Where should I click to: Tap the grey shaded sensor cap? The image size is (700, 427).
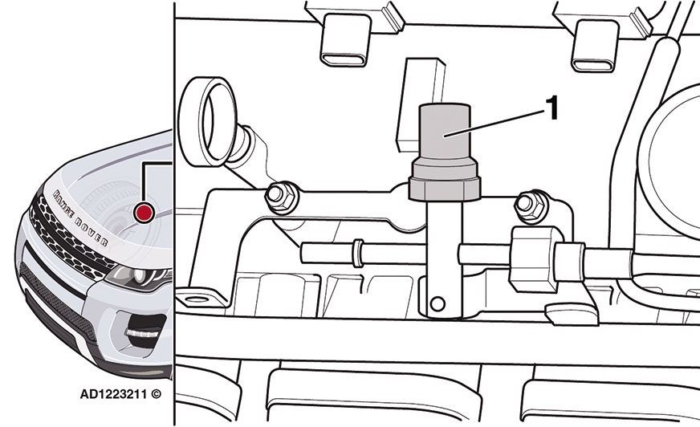pos(445,132)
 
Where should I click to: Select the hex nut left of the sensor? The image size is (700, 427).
pos(281,196)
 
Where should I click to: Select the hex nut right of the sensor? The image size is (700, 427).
pos(531,205)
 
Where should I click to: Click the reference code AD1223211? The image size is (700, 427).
pos(113,394)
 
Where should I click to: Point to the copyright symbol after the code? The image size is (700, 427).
pos(156,394)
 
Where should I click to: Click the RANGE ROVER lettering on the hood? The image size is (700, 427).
pos(80,218)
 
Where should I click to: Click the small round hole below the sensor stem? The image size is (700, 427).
pos(437,304)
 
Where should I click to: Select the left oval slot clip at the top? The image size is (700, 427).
pos(345,41)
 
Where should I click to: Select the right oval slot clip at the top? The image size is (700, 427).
pos(595,46)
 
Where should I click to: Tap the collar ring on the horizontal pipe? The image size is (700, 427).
pos(357,253)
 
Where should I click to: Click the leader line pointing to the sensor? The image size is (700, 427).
pos(494,122)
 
